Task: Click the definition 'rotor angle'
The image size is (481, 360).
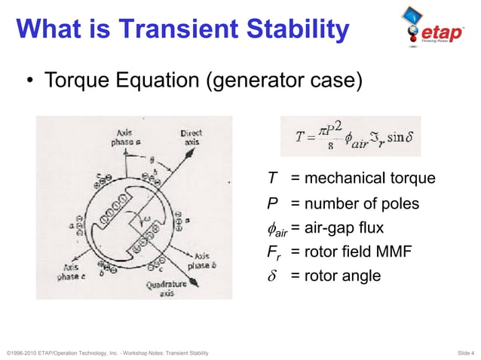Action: pyautogui.click(x=342, y=276)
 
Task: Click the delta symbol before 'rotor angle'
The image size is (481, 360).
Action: pyautogui.click(x=272, y=276)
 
